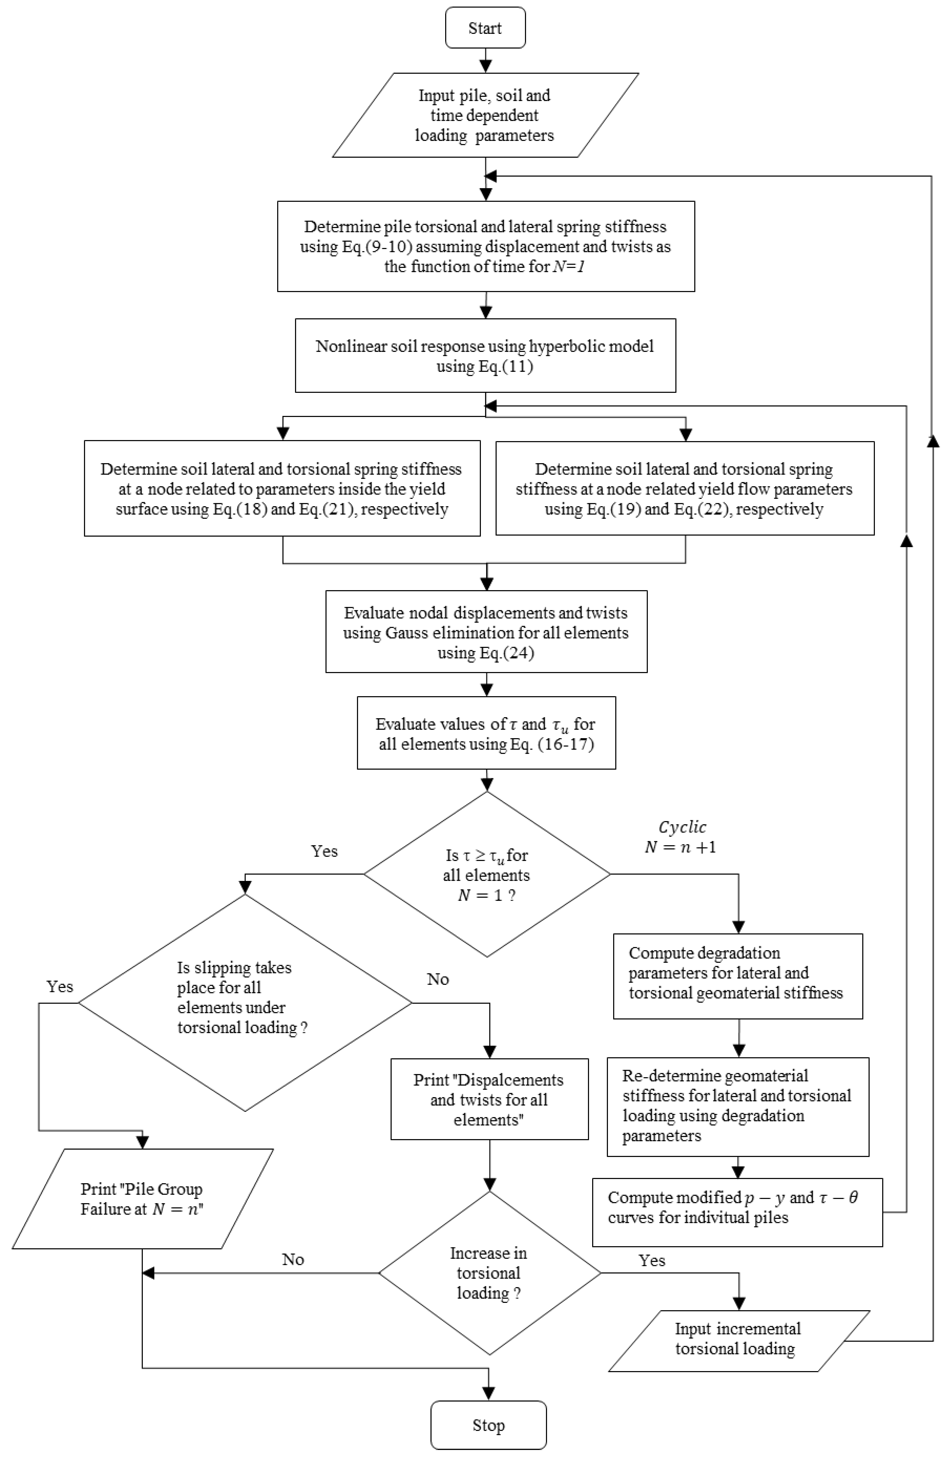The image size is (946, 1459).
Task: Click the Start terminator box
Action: pos(485,28)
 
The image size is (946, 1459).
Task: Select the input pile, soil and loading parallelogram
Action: pos(485,115)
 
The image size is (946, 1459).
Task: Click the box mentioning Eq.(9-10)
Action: pos(486,246)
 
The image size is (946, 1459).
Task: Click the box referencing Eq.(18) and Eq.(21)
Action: pos(282,489)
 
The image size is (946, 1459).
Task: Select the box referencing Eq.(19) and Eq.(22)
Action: pos(685,489)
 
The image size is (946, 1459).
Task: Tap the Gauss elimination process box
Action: pos(486,631)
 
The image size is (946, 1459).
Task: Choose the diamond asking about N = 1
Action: pos(487,874)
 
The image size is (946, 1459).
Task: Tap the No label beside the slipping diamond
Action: pos(438,979)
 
